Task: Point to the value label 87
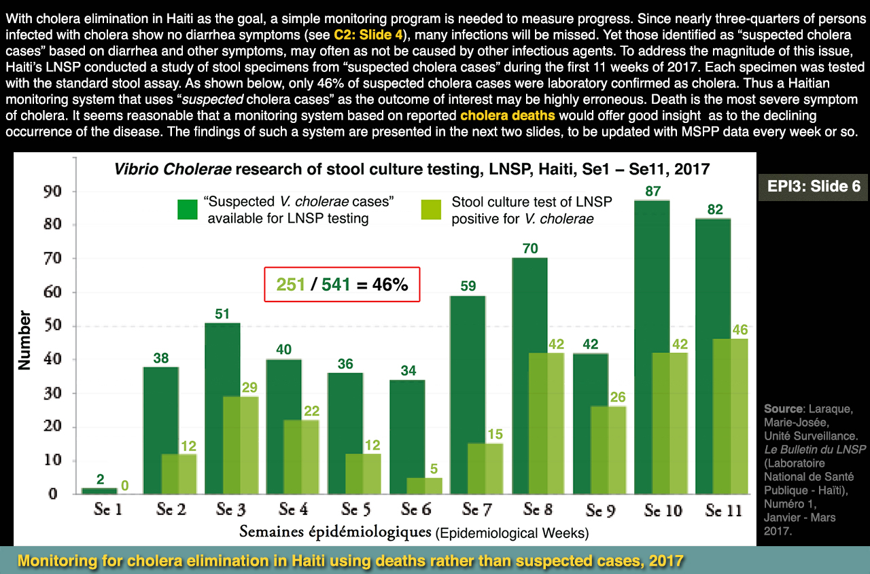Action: [652, 192]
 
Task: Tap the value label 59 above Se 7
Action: [468, 287]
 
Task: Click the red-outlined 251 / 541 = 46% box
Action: [343, 284]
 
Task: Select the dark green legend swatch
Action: [187, 210]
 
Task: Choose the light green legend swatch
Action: [431, 210]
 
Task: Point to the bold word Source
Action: [782, 409]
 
